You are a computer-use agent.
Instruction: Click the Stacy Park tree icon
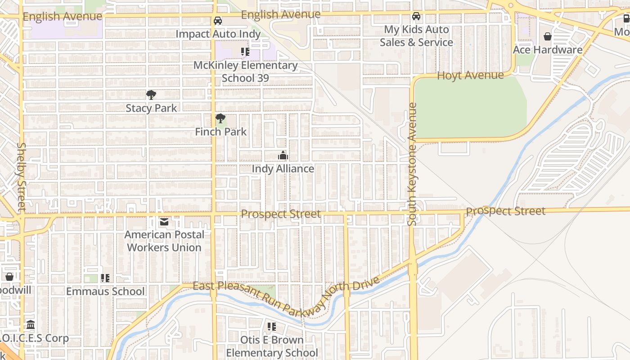coord(151,94)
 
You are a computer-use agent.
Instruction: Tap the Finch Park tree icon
coord(220,118)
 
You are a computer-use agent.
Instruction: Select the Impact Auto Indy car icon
coord(218,21)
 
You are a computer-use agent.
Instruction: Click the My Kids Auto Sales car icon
coord(416,16)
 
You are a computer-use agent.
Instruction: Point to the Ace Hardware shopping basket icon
coord(548,36)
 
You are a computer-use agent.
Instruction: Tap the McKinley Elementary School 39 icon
coord(245,52)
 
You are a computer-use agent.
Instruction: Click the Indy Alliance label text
coord(283,169)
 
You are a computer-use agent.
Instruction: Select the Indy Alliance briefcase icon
coord(283,156)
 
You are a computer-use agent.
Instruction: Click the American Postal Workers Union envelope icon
coord(164,221)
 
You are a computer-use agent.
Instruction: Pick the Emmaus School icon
coord(105,278)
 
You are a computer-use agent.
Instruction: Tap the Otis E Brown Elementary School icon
coord(271,327)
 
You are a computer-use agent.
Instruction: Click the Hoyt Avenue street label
coord(470,75)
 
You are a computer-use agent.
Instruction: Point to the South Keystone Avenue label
coord(412,164)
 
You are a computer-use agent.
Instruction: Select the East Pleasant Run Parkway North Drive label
coord(286,295)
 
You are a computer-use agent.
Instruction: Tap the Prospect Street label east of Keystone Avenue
coord(505,211)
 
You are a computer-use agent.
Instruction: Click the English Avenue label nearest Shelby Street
coord(63,17)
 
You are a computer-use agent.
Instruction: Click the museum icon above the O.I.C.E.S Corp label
coord(31,324)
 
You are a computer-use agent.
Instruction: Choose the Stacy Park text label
coord(151,108)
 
